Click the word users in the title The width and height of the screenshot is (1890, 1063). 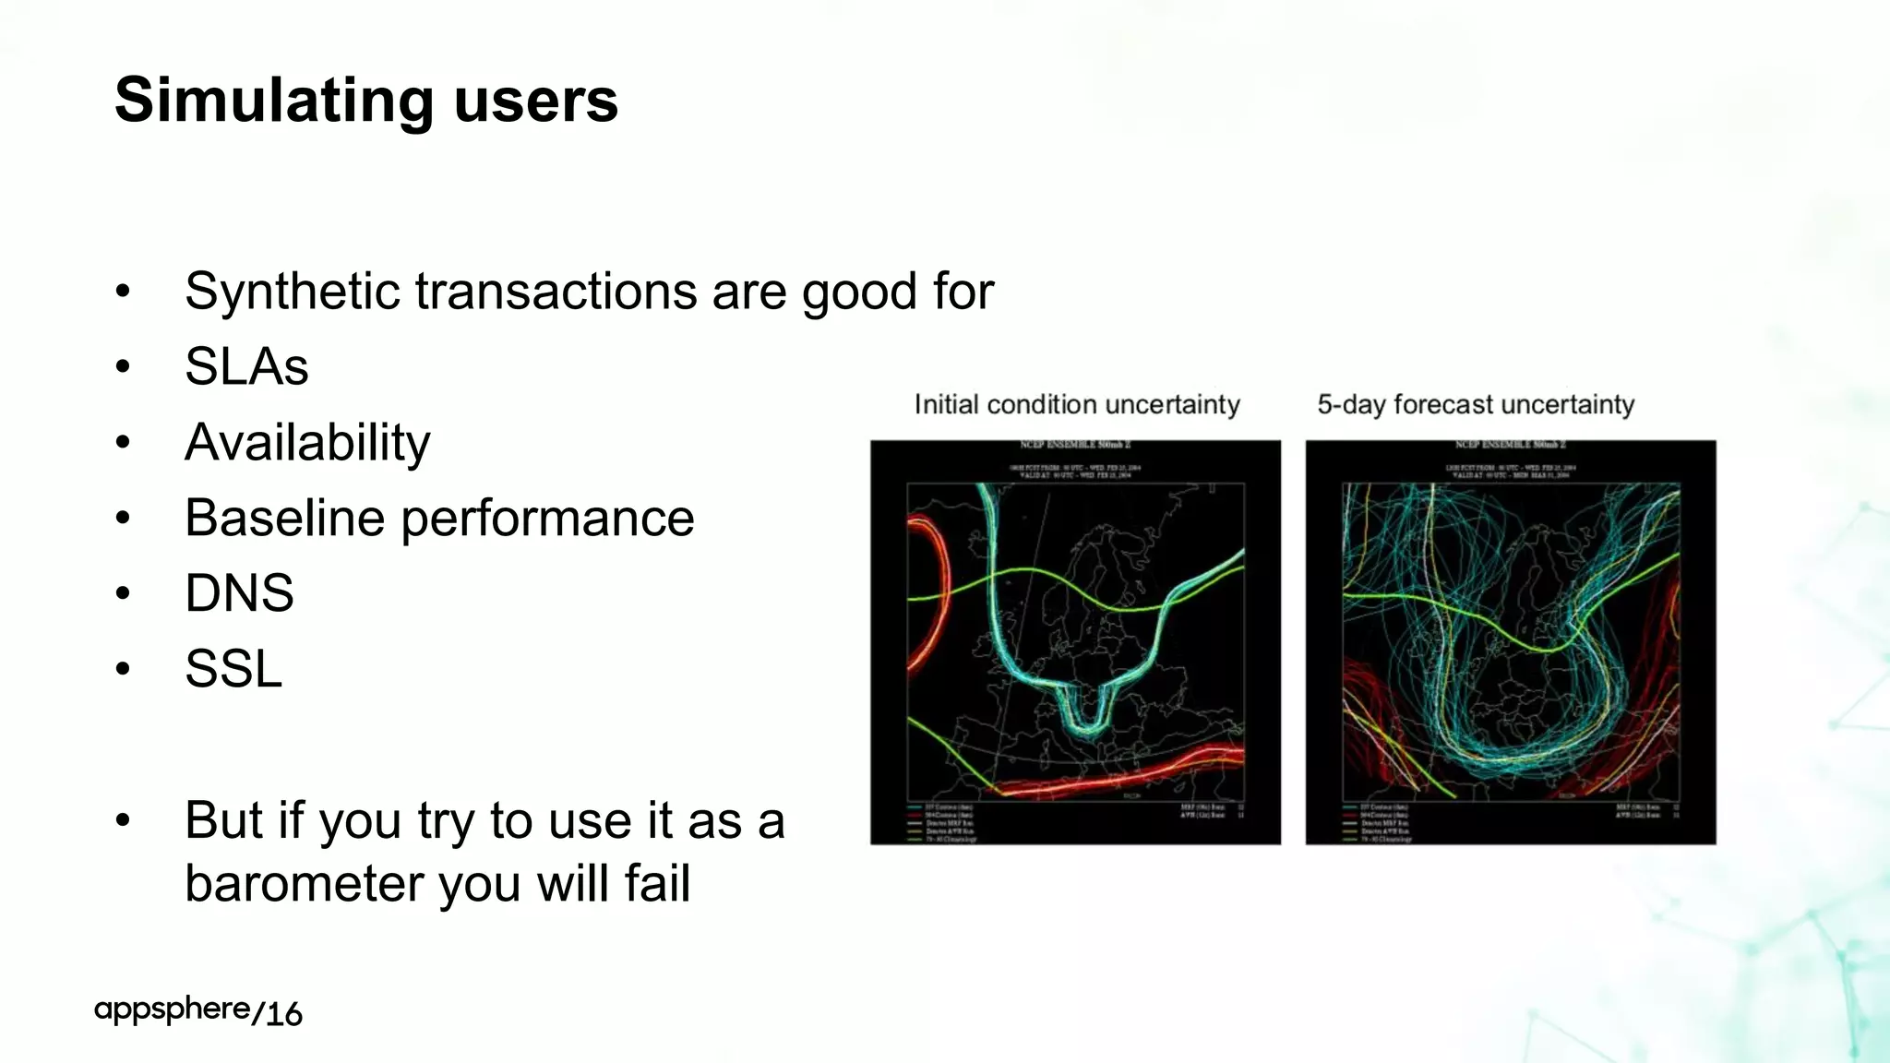click(535, 102)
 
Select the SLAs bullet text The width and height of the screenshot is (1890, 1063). click(246, 367)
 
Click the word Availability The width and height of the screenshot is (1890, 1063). click(307, 443)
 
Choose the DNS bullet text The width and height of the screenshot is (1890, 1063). click(239, 593)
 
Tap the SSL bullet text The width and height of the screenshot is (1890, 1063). click(233, 669)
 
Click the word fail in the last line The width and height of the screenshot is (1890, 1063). click(657, 883)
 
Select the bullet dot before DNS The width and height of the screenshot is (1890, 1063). click(123, 593)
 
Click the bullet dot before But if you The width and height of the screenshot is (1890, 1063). click(123, 820)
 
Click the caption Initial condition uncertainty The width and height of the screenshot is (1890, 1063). click(1077, 404)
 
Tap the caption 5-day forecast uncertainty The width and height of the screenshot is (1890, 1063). click(1476, 404)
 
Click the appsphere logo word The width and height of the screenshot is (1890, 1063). click(172, 1010)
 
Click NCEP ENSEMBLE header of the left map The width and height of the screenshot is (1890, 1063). click(1075, 446)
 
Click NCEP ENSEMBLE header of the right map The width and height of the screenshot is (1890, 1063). click(1511, 446)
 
